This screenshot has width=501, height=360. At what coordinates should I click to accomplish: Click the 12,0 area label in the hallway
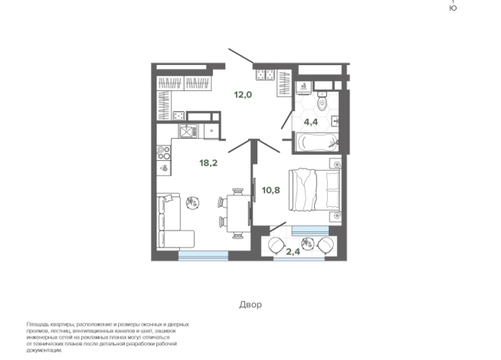[x=243, y=95]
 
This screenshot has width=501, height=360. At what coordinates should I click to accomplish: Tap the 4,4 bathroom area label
[x=311, y=120]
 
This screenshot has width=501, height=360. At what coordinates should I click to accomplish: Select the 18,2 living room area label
[x=209, y=162]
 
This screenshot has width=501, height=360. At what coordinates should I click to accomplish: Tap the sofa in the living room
[x=169, y=222]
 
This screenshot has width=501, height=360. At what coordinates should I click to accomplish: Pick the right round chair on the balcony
[x=326, y=246]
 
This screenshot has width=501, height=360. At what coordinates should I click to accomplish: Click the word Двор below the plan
[x=250, y=304]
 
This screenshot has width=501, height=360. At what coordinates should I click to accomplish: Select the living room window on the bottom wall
[x=203, y=255]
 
